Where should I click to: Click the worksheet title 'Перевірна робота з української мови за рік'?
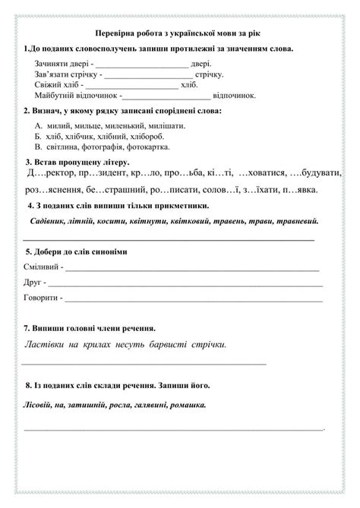[180, 33]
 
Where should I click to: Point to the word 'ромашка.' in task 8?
[187, 405]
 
